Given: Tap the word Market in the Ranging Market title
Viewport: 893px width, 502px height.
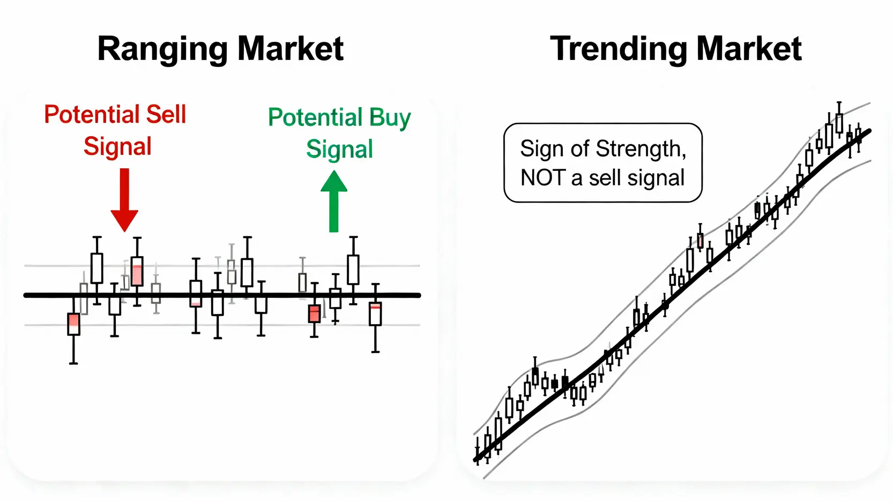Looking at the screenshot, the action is (291, 49).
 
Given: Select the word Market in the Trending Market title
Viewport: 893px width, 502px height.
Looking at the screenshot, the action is (749, 49).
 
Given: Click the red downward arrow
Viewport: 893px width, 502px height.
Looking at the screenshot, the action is (124, 200).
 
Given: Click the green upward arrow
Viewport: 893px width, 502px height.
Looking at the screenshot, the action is (334, 201).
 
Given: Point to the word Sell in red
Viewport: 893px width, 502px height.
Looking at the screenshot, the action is (166, 114).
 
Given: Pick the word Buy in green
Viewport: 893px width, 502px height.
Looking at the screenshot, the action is (390, 118).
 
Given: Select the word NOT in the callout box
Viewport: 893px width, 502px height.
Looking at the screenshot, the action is (543, 178).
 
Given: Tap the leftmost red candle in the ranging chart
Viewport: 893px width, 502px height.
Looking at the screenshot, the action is (73, 324).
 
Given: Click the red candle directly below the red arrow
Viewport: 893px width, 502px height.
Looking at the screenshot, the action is (137, 271).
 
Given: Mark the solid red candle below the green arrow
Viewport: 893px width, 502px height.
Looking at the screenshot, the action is (314, 313).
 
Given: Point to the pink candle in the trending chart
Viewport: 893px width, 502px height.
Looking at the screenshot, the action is (700, 241).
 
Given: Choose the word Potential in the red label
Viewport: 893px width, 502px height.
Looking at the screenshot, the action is (93, 114).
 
